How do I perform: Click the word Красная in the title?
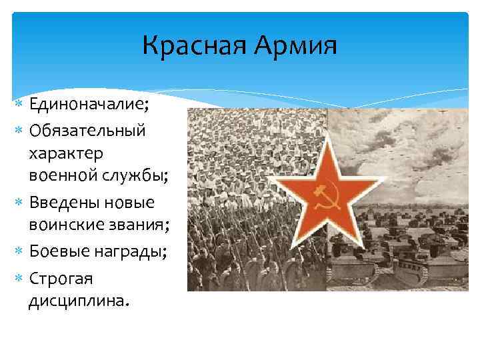pos(187,47)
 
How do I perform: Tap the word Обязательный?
pos(87,129)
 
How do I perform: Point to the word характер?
pos(65,153)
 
